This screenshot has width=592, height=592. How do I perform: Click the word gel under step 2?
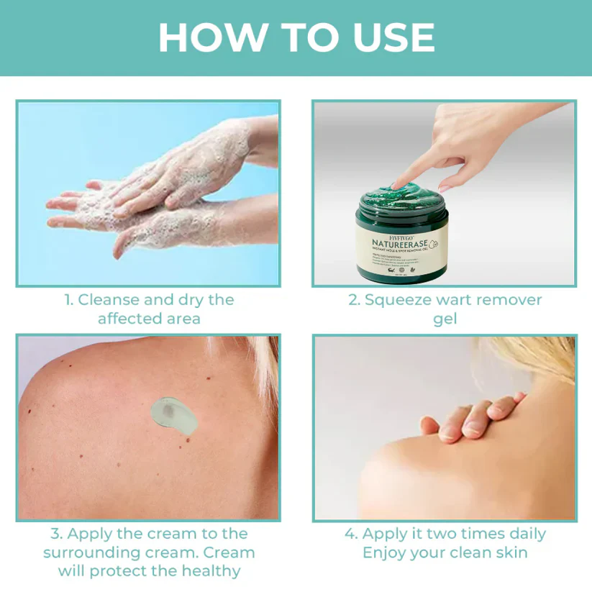point(445,319)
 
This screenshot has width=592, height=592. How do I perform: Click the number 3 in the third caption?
point(55,534)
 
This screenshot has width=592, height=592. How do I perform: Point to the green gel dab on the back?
point(170,412)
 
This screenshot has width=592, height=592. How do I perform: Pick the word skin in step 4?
point(510,552)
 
